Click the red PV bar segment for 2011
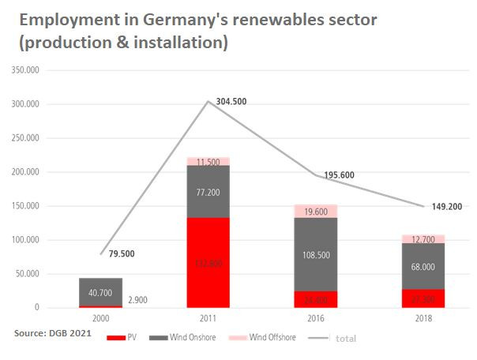coord(208,262)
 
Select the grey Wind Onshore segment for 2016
coord(315,254)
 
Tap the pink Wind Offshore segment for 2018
coord(423,238)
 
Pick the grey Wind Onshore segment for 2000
coord(100,291)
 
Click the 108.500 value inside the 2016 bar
coord(315,255)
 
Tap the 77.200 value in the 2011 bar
coord(208,191)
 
